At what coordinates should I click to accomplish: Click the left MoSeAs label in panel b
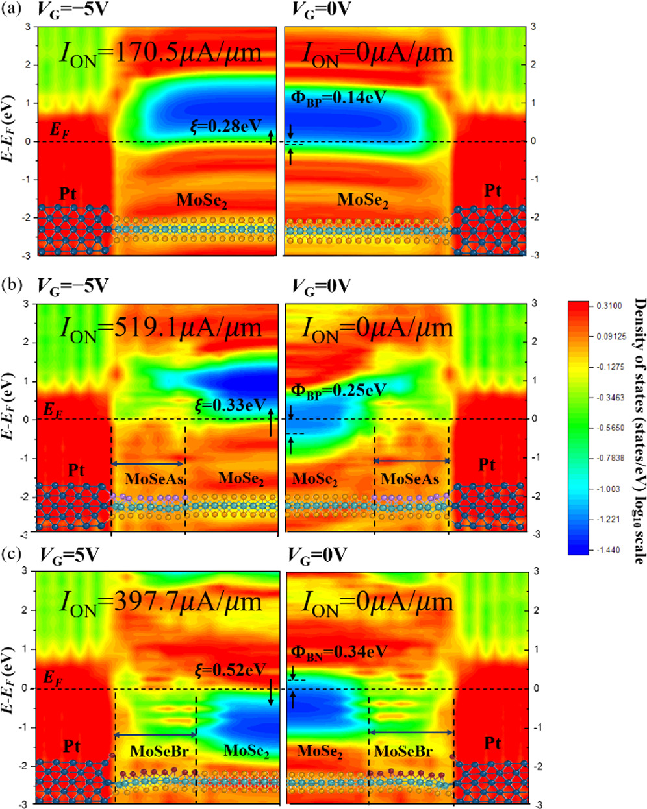click(149, 479)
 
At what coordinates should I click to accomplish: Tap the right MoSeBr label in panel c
click(403, 752)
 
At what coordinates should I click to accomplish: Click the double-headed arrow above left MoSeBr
click(155, 735)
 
